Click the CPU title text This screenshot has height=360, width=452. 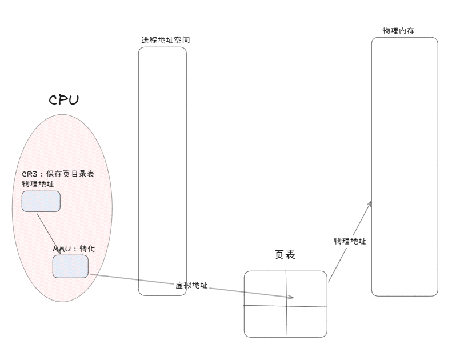63,100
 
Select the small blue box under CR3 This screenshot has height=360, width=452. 41,201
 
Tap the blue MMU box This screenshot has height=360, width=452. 70,266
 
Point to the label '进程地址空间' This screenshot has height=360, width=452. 165,41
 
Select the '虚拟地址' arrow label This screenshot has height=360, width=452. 191,285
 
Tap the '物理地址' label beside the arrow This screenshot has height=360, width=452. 350,241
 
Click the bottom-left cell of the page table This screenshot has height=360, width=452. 265,321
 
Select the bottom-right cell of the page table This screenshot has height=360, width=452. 307,322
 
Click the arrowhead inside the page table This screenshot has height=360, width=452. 291,297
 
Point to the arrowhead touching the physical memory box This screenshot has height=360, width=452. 370,203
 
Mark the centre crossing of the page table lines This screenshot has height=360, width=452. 286,306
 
